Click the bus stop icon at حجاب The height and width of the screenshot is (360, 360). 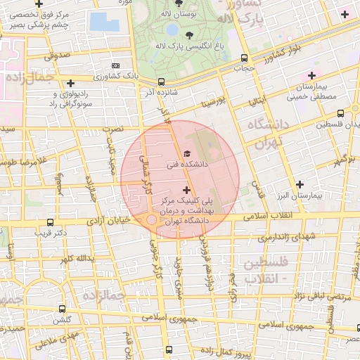(243, 58)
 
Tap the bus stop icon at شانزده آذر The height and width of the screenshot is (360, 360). (162, 82)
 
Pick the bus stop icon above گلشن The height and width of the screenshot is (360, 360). (63, 308)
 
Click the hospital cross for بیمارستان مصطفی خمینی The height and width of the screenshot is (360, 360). (311, 75)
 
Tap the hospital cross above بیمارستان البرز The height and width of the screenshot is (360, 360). (301, 184)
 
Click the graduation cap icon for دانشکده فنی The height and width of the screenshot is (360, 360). (186, 153)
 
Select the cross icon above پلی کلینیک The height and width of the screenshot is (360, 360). (186, 189)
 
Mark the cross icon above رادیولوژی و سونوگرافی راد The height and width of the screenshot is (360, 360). (70, 84)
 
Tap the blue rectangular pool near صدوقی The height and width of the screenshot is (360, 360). (104, 22)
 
